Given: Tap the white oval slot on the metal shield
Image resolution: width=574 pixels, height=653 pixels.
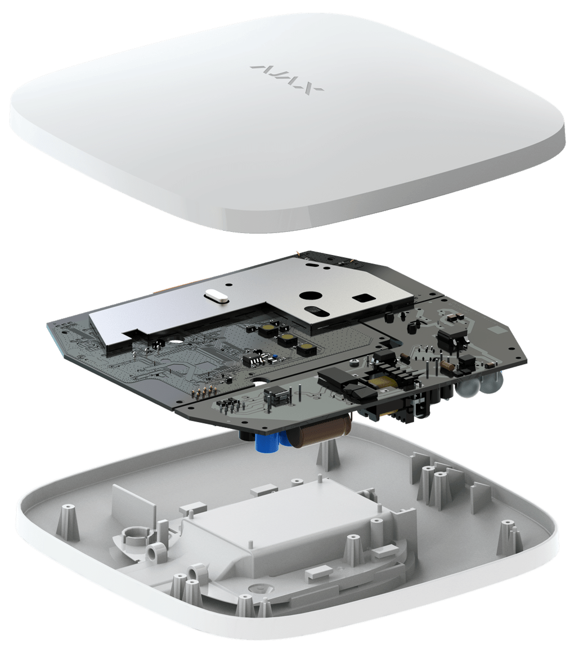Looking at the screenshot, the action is (x=216, y=296).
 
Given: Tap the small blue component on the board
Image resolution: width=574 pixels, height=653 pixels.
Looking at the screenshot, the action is (x=275, y=356).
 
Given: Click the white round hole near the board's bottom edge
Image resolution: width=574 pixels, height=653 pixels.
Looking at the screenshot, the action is (x=262, y=382).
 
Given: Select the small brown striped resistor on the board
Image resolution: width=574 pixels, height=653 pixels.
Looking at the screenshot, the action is (x=445, y=366).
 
